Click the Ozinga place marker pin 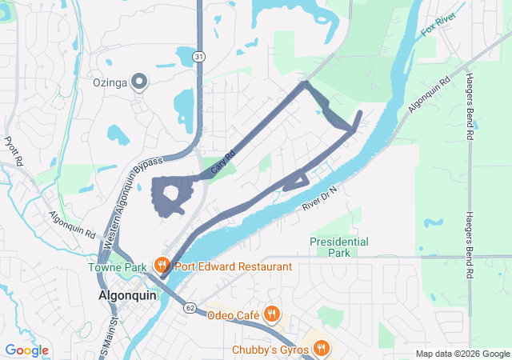point(139,81)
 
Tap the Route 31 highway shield point(199,56)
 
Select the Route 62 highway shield point(189,306)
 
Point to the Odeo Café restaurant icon point(272,314)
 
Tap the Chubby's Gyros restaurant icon point(321,348)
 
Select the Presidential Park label point(339,246)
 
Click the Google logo point(26,350)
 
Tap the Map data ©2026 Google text point(462,354)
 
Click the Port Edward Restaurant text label point(222,266)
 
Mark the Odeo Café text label point(231,315)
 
